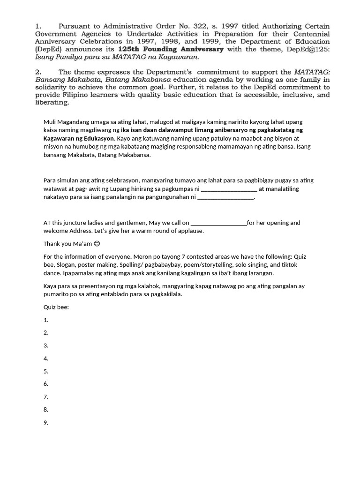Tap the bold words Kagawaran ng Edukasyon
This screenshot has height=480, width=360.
(78, 138)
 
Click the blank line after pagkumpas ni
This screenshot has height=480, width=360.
(229, 189)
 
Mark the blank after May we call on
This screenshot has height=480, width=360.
(219, 223)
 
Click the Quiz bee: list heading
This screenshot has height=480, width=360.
(56, 307)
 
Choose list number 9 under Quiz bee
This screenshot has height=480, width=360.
(46, 423)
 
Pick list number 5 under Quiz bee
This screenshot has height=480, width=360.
(46, 371)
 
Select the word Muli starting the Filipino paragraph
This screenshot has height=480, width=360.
(50, 121)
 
